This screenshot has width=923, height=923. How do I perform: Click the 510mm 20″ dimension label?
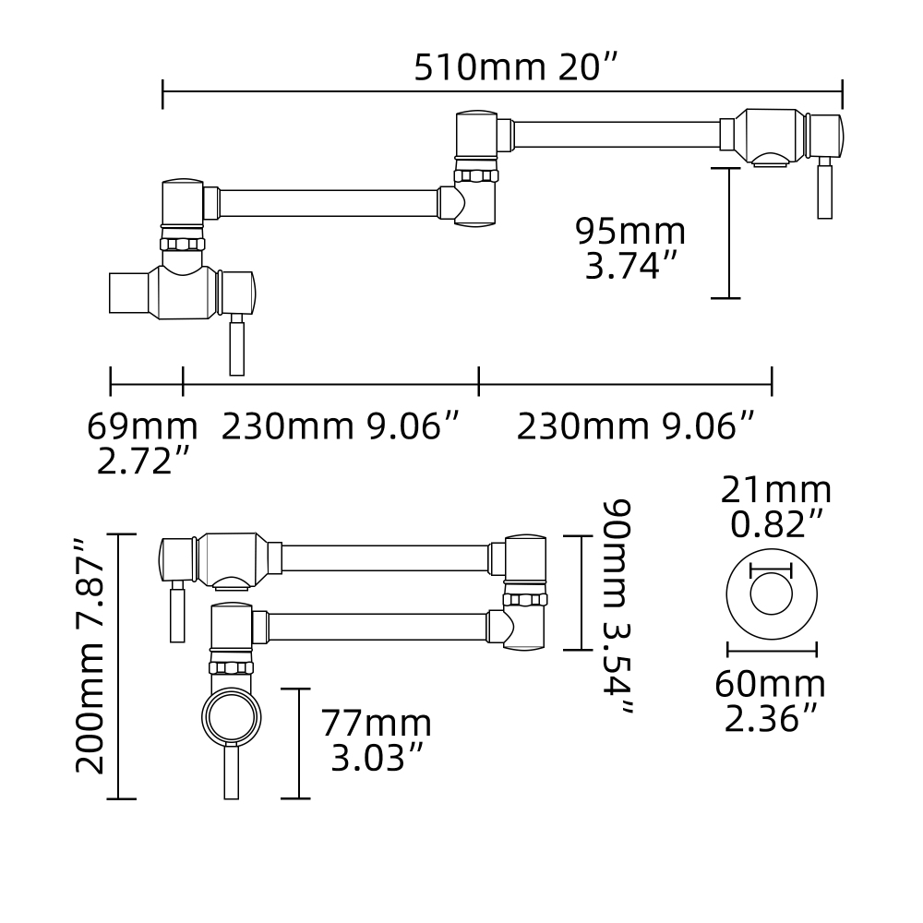click(x=515, y=67)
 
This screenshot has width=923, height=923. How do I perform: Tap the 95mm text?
click(x=630, y=231)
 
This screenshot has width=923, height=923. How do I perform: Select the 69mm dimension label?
click(x=142, y=426)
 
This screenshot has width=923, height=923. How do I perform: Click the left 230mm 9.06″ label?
click(x=341, y=426)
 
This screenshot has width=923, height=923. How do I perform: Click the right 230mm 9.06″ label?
click(x=636, y=426)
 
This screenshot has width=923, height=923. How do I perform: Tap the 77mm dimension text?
click(x=377, y=723)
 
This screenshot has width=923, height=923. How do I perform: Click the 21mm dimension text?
click(x=776, y=490)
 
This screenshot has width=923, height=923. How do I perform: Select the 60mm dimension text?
click(x=771, y=685)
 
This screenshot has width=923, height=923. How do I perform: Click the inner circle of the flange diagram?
click(x=772, y=593)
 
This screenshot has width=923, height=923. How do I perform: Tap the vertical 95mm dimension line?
click(x=727, y=234)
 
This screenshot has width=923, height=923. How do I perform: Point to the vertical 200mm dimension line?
click(x=120, y=666)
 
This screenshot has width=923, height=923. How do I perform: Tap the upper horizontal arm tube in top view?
click(x=616, y=135)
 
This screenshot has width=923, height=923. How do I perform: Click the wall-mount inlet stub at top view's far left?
click(x=130, y=293)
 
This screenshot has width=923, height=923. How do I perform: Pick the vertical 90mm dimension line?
click(x=580, y=593)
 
